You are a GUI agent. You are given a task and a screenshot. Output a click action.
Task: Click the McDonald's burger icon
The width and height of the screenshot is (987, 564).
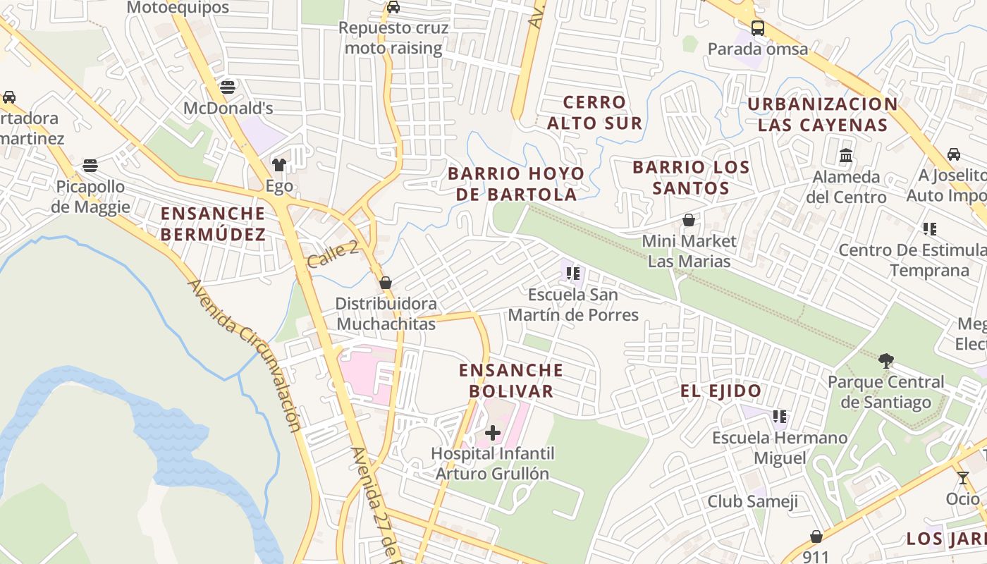(x=227, y=87)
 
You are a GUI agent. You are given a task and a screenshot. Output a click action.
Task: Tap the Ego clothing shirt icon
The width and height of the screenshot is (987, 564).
(x=279, y=166)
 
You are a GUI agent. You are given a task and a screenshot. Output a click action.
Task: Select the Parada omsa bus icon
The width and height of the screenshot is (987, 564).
(x=758, y=28)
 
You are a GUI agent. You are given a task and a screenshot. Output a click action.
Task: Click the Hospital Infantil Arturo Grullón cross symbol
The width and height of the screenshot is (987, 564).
(x=493, y=432)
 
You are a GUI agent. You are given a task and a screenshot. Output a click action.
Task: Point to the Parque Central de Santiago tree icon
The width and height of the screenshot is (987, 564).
(x=886, y=361)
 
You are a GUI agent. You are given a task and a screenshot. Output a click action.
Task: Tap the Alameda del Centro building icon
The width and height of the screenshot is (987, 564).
(x=846, y=155)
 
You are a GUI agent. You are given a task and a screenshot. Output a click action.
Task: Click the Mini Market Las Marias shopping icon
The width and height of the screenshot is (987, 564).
(x=689, y=221)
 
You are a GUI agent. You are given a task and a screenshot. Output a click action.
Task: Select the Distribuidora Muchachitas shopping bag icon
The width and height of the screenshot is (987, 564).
(x=386, y=283)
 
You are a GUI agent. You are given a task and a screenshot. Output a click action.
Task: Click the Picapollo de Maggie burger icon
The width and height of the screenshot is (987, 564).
(x=90, y=166)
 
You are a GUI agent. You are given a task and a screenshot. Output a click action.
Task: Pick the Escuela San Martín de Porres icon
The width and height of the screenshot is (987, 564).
(x=573, y=273)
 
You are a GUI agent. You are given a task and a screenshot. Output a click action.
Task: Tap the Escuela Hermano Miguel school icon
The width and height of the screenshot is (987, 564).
(x=779, y=417)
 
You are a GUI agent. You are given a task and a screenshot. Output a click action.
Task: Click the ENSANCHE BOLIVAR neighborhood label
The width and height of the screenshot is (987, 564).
(x=511, y=380)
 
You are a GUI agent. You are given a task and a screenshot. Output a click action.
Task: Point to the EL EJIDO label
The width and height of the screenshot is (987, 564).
(x=721, y=391)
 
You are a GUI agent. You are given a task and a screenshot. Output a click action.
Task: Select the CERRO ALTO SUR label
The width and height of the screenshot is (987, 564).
(x=594, y=113)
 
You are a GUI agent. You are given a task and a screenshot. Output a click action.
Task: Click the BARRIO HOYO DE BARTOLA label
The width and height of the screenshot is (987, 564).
(x=516, y=183)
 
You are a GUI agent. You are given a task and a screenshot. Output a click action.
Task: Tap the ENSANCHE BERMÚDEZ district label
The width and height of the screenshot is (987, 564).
(x=213, y=223)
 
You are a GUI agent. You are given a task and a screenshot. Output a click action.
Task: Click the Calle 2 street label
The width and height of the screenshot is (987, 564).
(x=333, y=254)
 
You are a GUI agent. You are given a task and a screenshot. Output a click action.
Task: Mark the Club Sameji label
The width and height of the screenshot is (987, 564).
(x=752, y=501)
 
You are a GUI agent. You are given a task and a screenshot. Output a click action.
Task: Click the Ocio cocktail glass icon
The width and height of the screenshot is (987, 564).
(x=963, y=478)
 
